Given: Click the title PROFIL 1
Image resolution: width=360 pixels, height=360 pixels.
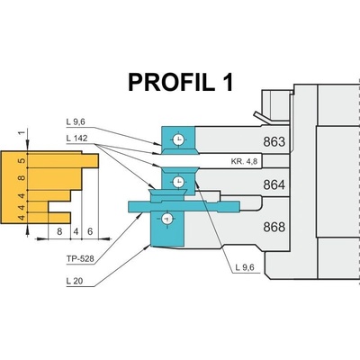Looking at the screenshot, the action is pos(181,83).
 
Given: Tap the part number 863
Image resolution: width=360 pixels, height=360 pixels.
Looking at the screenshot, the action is pos(274,141).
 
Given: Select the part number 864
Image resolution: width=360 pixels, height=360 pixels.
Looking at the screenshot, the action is pos(274,184).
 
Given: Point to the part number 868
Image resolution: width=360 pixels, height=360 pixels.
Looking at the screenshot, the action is pos(274,227).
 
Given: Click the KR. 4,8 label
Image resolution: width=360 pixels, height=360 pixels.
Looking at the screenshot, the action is pos(244,161).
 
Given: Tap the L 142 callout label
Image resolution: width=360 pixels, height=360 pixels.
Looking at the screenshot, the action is pos(77,139).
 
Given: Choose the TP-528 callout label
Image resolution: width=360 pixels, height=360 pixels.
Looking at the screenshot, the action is pos(80,258).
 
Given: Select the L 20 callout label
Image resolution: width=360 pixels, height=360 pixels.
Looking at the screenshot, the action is pos(75,281).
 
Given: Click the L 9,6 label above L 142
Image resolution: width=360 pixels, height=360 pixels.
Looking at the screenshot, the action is pos(76,122).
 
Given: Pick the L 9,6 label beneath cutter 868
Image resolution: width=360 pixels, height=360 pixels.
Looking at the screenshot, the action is pos(245,267).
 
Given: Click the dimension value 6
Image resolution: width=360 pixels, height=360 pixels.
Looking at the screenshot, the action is pos(90,231).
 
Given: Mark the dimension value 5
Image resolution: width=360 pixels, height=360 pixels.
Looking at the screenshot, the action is pos(22,161).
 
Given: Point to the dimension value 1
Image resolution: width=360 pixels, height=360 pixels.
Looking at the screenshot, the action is pos(22,133).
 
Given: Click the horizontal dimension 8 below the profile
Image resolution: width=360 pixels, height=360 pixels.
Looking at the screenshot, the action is pos(59,231).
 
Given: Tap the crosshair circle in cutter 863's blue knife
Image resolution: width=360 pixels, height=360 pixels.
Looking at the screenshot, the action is pos(178,139).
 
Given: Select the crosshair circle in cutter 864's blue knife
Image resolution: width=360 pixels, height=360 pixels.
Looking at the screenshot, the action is pos(179,181).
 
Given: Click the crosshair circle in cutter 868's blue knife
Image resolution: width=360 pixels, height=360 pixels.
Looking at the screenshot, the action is pos(166,219).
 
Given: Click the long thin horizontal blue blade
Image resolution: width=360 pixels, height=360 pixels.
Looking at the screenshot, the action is pos(184,206).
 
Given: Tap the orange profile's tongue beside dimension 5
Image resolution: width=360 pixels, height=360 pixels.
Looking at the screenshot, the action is pos(90,161).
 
